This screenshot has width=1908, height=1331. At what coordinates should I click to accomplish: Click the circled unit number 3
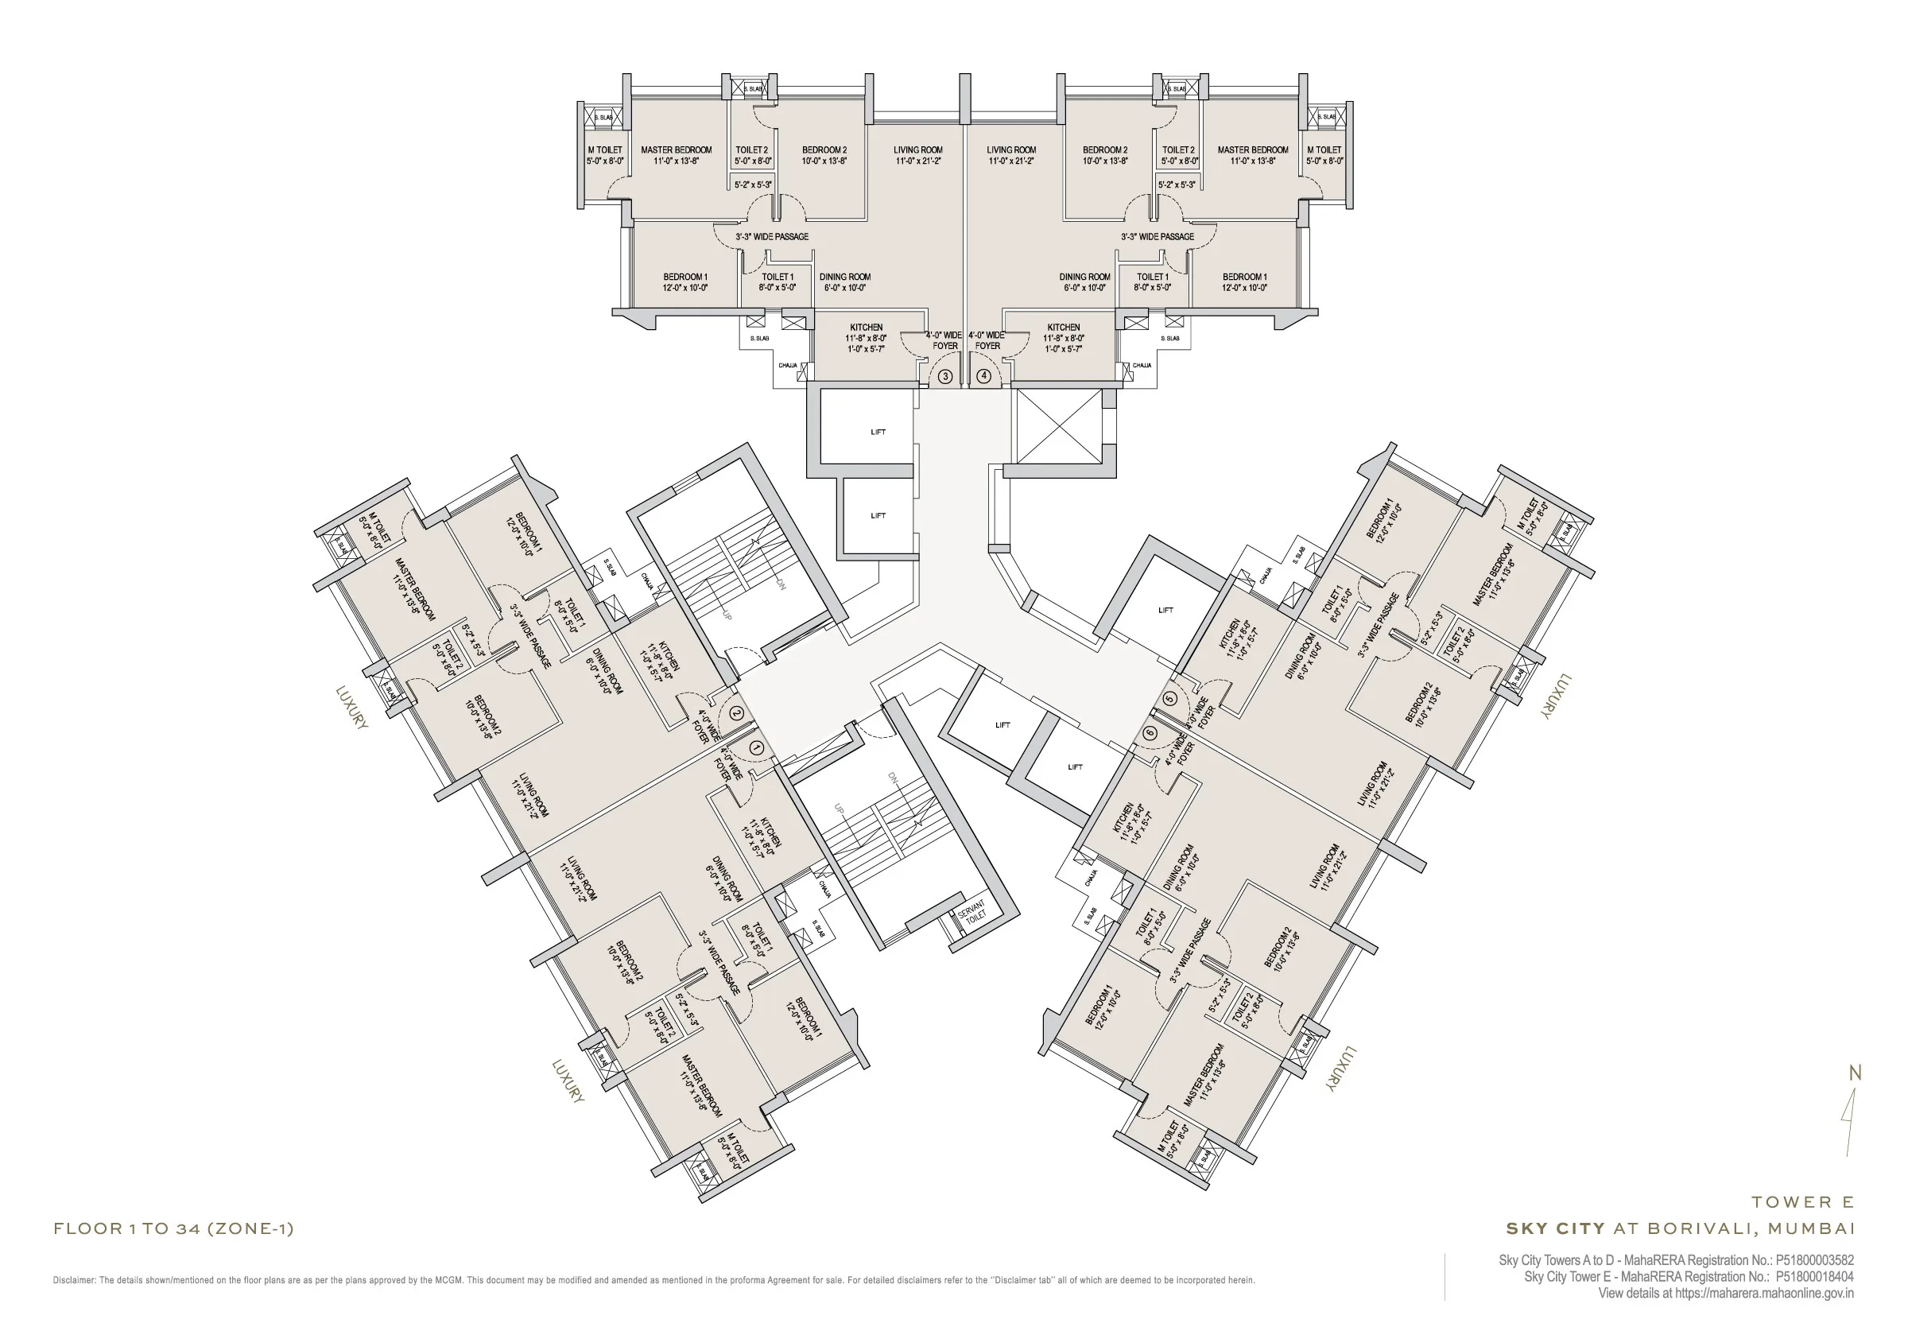pos(945,377)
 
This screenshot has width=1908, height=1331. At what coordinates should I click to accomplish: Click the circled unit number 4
pos(984,376)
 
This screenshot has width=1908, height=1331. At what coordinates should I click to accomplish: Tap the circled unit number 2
pos(736,712)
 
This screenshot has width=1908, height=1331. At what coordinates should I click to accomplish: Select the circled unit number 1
pos(756,748)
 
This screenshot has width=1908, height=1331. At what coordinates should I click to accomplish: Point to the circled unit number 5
pos(1171,699)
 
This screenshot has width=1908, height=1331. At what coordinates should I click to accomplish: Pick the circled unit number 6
pos(1150,733)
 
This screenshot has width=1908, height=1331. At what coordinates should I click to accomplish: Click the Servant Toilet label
pos(971,910)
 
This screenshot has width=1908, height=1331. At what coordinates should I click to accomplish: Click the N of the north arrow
pos(1854,1073)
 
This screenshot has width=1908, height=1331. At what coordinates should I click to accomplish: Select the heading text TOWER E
pos(1802,1202)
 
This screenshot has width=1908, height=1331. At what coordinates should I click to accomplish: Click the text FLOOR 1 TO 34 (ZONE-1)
pos(173,1228)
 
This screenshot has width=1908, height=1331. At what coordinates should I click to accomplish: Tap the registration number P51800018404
pos(1814,1277)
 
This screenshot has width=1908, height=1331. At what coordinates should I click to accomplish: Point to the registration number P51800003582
pos(1814,1260)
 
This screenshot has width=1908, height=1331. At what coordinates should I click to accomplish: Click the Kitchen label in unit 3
pos(866,328)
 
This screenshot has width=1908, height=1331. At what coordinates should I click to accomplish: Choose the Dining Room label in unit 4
pos(1084,277)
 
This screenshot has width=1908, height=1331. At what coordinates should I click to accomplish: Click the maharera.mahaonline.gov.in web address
pos(1764,1294)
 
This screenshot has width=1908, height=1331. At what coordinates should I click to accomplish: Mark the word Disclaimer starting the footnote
pos(74,1280)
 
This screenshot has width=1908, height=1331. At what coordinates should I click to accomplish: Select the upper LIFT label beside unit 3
pos(878,433)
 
